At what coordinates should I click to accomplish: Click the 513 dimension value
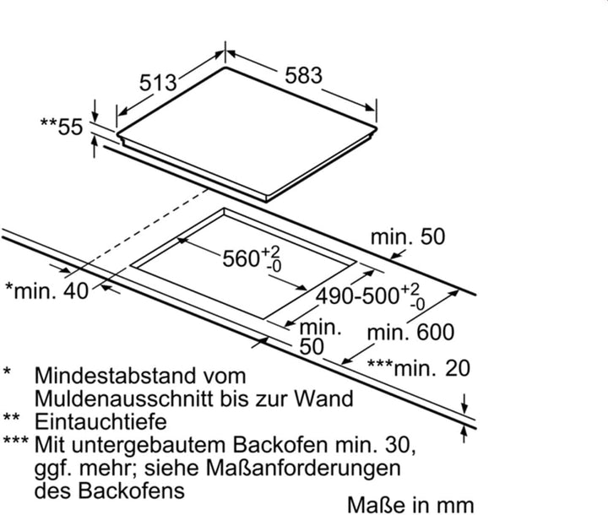click(158, 82)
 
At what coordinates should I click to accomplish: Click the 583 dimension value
click(304, 75)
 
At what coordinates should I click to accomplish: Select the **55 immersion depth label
click(62, 127)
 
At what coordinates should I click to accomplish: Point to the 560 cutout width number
click(241, 258)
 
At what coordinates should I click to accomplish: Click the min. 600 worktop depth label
click(410, 333)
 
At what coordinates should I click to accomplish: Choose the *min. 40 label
click(47, 290)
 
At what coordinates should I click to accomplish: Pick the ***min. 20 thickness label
click(418, 368)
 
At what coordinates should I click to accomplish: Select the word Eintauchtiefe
click(100, 421)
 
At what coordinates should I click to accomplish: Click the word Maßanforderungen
click(303, 468)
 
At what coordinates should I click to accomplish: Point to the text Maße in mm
click(410, 505)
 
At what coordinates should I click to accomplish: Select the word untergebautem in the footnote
click(151, 445)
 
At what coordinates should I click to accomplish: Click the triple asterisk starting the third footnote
click(15, 441)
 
